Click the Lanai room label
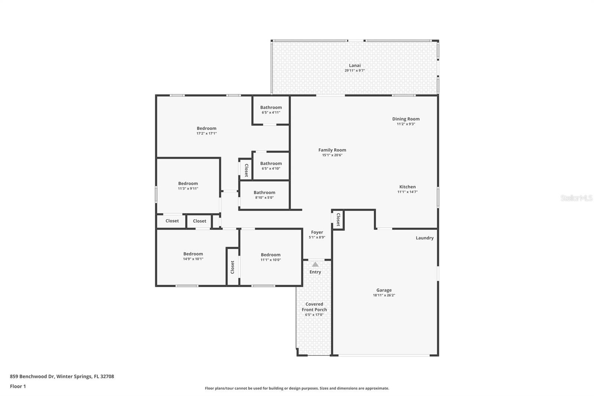tap(355, 65)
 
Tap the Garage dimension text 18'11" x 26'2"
tap(384, 295)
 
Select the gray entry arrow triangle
tap(315, 264)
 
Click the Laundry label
tap(424, 238)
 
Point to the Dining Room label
tap(406, 119)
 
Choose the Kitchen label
tap(407, 187)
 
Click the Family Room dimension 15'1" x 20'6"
tap(332, 155)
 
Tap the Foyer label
tap(317, 232)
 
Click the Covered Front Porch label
tap(314, 307)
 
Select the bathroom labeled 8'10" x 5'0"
tap(264, 195)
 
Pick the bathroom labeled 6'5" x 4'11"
tap(271, 110)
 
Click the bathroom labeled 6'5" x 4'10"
tap(271, 166)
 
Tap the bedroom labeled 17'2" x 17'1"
tap(206, 130)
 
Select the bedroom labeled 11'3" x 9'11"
tap(188, 186)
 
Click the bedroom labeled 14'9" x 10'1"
tap(193, 256)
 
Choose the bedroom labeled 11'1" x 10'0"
tap(270, 257)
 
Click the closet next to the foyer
tap(338, 220)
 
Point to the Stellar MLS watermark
tap(576, 198)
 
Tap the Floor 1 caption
tap(18, 386)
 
